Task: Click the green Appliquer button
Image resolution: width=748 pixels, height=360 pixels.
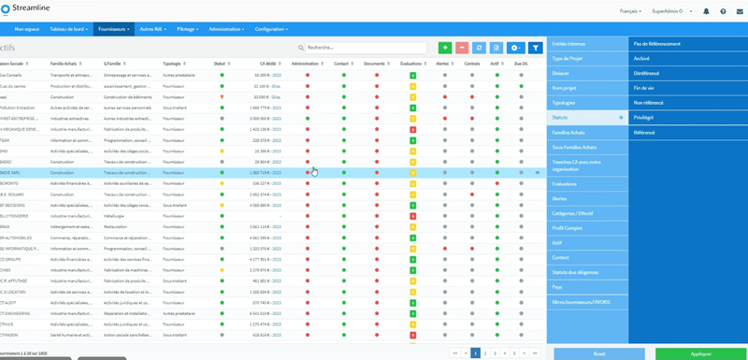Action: point(701,353)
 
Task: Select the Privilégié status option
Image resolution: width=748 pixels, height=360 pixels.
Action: point(643,118)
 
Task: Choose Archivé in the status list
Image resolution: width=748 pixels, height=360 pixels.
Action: point(641,59)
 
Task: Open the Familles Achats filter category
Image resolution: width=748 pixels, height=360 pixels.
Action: point(568,133)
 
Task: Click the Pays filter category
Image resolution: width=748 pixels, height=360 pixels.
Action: point(557,287)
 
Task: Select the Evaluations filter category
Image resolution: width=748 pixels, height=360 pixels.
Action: point(565,184)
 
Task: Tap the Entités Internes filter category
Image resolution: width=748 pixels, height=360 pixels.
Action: point(568,44)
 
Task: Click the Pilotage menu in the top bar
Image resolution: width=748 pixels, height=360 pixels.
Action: point(187,29)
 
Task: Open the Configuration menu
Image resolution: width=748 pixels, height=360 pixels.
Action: point(273,29)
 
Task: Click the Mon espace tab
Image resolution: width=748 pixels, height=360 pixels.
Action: point(27,29)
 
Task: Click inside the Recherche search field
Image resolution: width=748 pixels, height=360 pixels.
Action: point(365,48)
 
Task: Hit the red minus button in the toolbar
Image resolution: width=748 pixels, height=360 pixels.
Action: point(462,48)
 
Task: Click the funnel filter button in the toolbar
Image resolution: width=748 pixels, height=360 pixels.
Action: point(536,48)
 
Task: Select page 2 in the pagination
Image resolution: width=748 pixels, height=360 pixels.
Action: point(485,353)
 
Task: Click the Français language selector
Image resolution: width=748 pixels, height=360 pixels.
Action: point(630,11)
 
